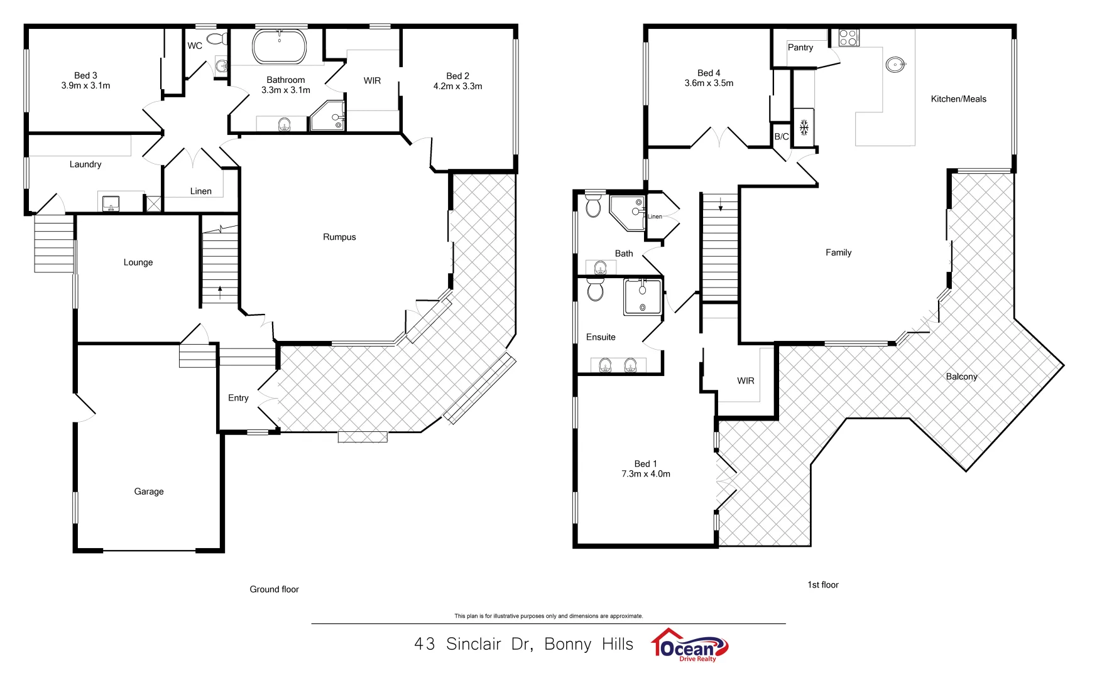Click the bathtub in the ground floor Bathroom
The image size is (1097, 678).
click(x=280, y=46)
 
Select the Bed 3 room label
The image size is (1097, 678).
click(x=85, y=75)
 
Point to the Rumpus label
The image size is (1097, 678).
click(x=339, y=237)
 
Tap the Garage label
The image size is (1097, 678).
click(x=149, y=492)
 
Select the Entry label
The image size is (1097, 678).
click(x=238, y=398)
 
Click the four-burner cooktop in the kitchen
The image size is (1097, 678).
click(x=849, y=38)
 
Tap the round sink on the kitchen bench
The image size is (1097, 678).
click(x=895, y=64)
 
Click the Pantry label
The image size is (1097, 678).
click(x=800, y=48)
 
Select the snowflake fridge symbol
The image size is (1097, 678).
click(x=804, y=128)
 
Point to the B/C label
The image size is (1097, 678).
click(x=781, y=136)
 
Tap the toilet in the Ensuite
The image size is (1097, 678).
click(x=595, y=290)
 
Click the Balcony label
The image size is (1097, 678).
click(x=961, y=377)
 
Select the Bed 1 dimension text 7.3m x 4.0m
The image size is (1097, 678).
click(x=646, y=474)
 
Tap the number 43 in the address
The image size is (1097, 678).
click(x=424, y=644)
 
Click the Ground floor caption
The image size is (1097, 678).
click(x=274, y=589)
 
